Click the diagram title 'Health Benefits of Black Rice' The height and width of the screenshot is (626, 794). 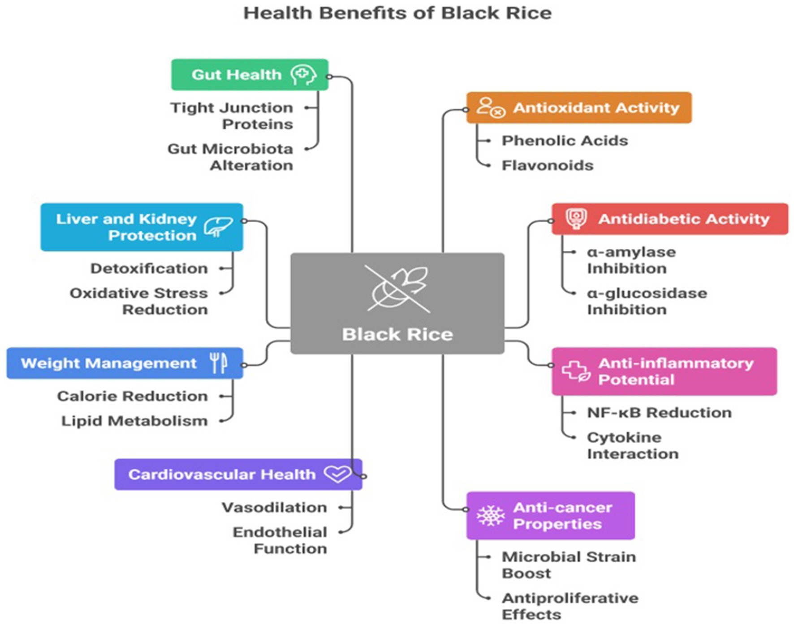click(397, 13)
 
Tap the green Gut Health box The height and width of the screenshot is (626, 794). click(249, 75)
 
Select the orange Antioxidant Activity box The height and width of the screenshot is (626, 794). click(578, 108)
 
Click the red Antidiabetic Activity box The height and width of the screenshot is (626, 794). click(669, 219)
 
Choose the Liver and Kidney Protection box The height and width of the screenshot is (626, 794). click(142, 227)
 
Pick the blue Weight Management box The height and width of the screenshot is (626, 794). click(125, 363)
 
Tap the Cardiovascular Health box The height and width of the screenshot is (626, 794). click(238, 475)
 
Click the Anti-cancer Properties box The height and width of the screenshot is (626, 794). click(550, 516)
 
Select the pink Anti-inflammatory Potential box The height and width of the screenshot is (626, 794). click(664, 371)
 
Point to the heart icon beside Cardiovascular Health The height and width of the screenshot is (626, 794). click(337, 474)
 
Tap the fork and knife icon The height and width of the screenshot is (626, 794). click(219, 363)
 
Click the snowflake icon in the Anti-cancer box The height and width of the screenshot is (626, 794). click(490, 516)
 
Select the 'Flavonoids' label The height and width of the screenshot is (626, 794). click(547, 166)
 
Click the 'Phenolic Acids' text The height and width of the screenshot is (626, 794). click(565, 141)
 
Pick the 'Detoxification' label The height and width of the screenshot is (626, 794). click(149, 268)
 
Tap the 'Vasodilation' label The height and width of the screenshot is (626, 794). click(274, 508)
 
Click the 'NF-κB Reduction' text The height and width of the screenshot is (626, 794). click(659, 413)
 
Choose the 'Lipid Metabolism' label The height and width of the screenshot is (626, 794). click(134, 421)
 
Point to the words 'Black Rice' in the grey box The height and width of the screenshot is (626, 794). click(397, 335)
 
